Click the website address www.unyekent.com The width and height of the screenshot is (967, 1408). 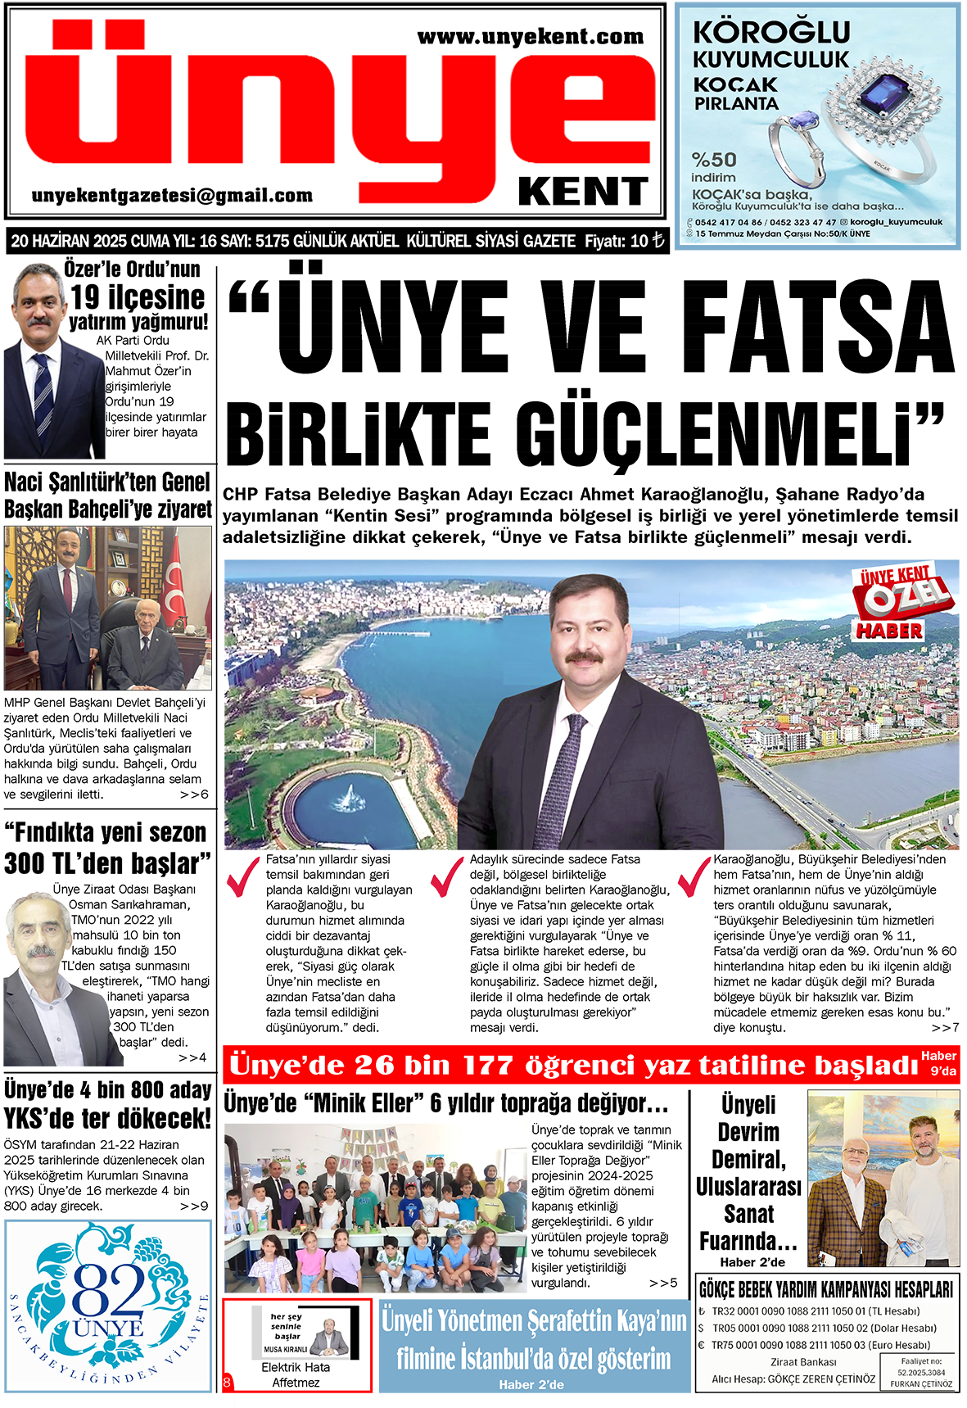click(x=530, y=37)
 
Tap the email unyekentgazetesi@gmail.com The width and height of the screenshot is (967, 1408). click(x=172, y=196)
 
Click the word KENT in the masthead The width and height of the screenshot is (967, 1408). click(x=583, y=192)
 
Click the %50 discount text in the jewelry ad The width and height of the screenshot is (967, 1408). click(x=714, y=160)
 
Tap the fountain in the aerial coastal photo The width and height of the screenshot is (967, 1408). click(x=350, y=796)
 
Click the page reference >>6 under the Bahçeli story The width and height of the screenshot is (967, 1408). click(x=194, y=795)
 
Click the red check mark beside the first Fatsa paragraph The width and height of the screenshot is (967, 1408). click(x=242, y=876)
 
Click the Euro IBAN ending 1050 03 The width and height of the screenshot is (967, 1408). click(x=820, y=1345)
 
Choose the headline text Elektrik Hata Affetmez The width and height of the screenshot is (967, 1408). click(x=296, y=1374)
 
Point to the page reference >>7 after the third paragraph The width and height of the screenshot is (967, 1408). click(x=945, y=1027)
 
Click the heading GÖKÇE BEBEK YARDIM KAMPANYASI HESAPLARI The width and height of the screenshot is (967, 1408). click(x=825, y=1290)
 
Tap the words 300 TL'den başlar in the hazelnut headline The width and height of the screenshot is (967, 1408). click(x=106, y=863)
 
